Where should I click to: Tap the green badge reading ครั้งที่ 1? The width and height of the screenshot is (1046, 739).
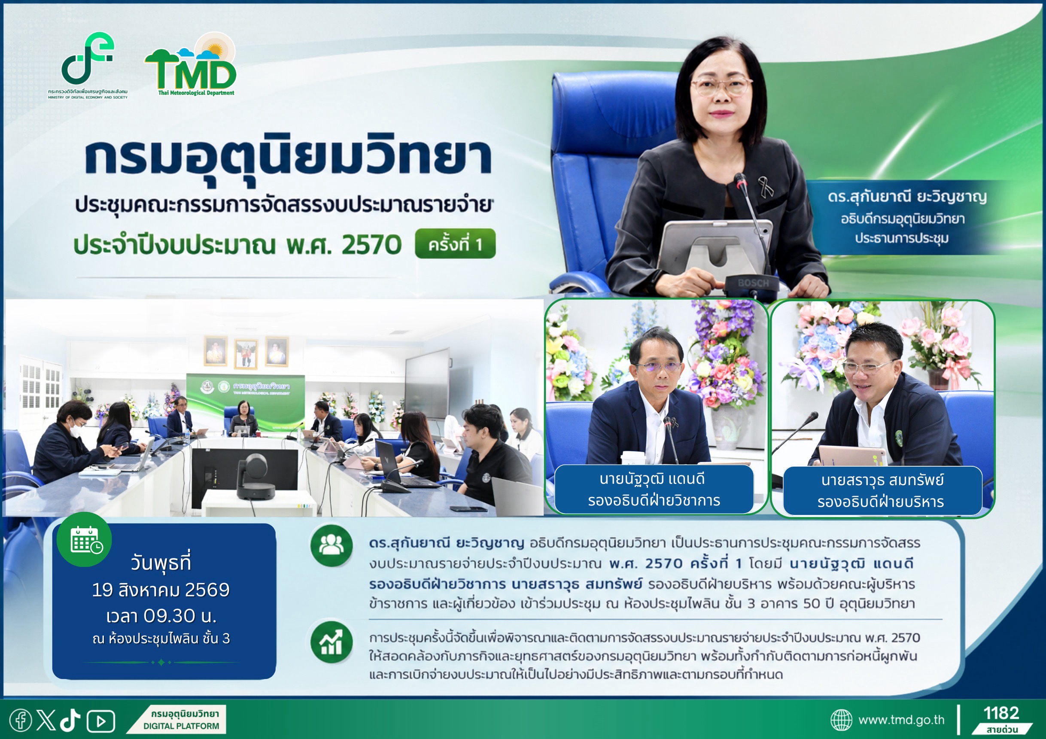pyautogui.click(x=455, y=244)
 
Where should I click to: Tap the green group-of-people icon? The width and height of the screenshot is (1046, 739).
pyautogui.click(x=331, y=545)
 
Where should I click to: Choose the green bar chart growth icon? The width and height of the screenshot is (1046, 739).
pyautogui.click(x=331, y=642)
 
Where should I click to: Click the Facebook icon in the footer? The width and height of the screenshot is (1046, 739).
pyautogui.click(x=21, y=720)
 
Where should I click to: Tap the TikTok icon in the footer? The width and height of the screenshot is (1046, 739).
pyautogui.click(x=70, y=720)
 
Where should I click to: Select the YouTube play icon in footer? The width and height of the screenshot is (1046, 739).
pyautogui.click(x=100, y=721)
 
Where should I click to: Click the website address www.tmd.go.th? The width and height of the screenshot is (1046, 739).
pyautogui.click(x=901, y=720)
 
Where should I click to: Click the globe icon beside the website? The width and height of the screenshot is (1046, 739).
pyautogui.click(x=841, y=720)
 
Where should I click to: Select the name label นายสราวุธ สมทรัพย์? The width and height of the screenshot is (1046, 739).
pyautogui.click(x=882, y=480)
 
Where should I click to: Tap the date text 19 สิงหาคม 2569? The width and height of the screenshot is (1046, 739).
pyautogui.click(x=161, y=590)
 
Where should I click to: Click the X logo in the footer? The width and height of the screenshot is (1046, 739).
pyautogui.click(x=46, y=720)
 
